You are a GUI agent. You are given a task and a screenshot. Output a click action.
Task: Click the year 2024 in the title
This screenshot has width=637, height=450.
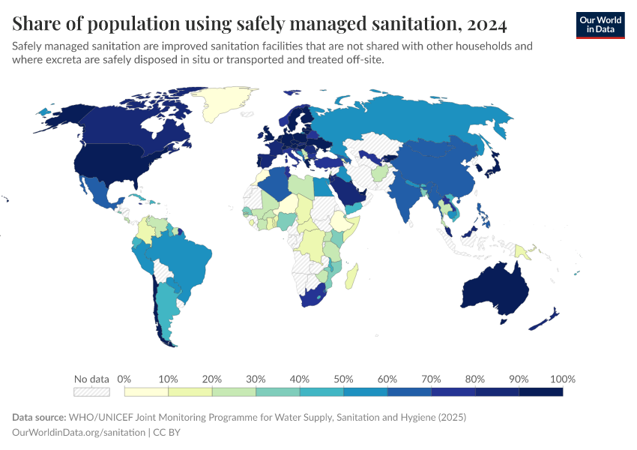(x=486, y=24)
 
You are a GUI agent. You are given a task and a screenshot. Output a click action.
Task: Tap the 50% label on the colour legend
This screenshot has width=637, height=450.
(x=343, y=379)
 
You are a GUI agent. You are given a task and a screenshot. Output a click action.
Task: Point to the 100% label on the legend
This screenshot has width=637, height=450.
(x=562, y=379)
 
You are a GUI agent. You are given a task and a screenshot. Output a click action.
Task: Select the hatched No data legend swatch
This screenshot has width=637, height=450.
(x=91, y=391)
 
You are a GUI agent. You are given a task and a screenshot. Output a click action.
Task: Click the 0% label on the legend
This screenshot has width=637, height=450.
(x=124, y=379)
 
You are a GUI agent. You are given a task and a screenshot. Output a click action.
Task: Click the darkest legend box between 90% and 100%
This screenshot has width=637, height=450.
(x=541, y=391)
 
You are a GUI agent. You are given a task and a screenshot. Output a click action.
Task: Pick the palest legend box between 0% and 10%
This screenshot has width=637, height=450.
(x=146, y=391)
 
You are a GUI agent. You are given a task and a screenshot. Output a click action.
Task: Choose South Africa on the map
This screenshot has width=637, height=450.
(x=313, y=298)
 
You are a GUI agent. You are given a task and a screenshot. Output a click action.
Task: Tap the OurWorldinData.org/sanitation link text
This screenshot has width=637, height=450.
(x=79, y=433)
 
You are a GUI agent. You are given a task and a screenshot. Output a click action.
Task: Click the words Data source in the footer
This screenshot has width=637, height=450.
(x=39, y=417)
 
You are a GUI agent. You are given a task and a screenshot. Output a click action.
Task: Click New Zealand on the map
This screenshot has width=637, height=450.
(x=546, y=319)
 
